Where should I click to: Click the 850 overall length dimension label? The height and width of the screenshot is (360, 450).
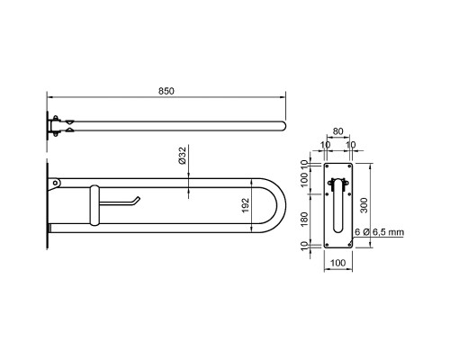coord(166,91)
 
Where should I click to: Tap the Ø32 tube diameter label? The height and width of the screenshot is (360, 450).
coord(182,155)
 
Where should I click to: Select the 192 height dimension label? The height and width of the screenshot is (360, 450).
coord(246,205)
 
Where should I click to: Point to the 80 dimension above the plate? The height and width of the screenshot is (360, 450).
coord(337,131)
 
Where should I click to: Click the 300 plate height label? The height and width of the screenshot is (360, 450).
coord(364,205)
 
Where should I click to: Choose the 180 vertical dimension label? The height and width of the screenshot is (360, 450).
coord(304,220)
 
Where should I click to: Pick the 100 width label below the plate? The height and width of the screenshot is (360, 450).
coord(337,263)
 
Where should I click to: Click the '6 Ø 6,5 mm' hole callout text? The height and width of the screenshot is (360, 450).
coord(379,232)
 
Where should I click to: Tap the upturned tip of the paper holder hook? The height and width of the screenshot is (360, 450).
coord(139,198)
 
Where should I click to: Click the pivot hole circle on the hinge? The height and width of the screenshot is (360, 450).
coord(55,183)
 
